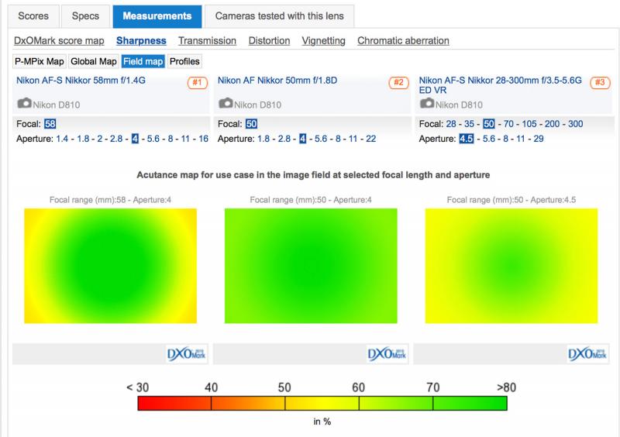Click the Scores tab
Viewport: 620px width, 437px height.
click(33, 16)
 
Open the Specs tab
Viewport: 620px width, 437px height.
click(85, 16)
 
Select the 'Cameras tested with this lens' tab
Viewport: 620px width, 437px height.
click(279, 16)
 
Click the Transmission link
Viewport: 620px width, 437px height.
click(207, 41)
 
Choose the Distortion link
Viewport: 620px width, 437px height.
click(269, 41)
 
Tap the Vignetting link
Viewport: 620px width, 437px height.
click(323, 41)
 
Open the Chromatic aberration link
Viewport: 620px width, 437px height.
click(403, 41)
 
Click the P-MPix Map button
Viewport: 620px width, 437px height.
click(40, 61)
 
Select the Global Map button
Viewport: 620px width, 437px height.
click(94, 61)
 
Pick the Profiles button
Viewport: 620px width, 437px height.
click(184, 61)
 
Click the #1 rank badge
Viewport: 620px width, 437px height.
click(198, 83)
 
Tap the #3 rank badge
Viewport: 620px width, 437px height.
click(600, 82)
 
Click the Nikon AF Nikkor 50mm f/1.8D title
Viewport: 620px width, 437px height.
click(277, 81)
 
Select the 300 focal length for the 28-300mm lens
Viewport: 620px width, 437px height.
click(575, 124)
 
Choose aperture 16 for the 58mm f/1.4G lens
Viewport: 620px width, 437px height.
click(203, 139)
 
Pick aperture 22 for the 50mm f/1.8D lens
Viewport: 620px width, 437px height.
click(371, 139)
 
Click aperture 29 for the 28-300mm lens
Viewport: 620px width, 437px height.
click(538, 139)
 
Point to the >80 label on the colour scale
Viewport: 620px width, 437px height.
click(506, 387)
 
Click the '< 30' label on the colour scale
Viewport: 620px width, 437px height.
click(138, 387)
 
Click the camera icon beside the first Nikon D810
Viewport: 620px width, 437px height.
click(25, 103)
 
